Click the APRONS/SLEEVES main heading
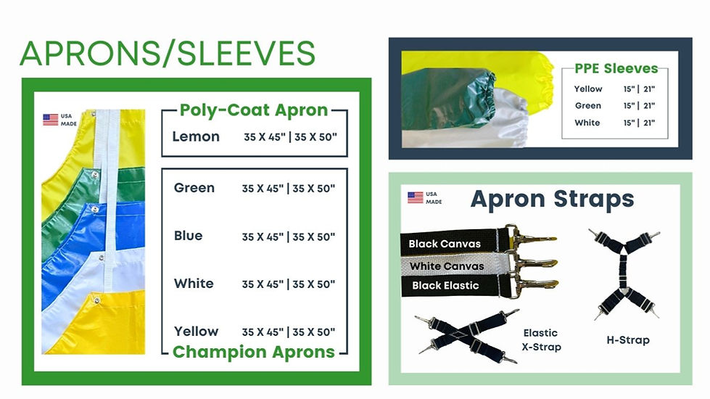click(x=168, y=53)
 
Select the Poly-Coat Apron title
click(x=254, y=110)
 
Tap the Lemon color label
click(x=196, y=136)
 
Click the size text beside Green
click(x=289, y=189)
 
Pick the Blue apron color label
click(x=189, y=236)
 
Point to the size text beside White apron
click(x=289, y=284)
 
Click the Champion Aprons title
click(x=254, y=352)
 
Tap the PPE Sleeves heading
click(x=616, y=69)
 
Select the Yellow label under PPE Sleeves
click(x=588, y=89)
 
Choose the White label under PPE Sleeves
click(x=587, y=123)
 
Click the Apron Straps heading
click(x=553, y=199)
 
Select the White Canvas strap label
click(x=446, y=266)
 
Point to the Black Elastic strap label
click(x=445, y=286)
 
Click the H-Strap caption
click(x=627, y=340)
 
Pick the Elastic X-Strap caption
click(x=540, y=340)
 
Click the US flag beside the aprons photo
click(x=51, y=119)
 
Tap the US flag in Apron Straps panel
click(x=416, y=197)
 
